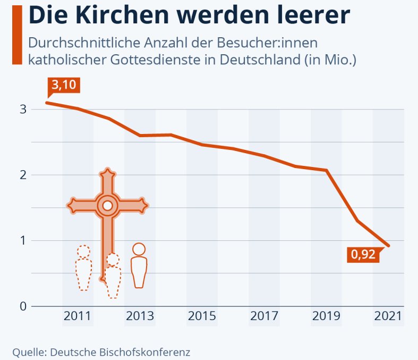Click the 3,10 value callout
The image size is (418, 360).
(x=64, y=86)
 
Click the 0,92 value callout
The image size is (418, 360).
(x=363, y=254)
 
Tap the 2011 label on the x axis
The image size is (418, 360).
(x=78, y=316)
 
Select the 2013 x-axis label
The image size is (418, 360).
(x=140, y=316)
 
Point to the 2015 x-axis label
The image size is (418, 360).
(x=202, y=316)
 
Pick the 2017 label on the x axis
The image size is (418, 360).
(x=264, y=316)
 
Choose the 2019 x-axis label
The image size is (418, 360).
(x=326, y=316)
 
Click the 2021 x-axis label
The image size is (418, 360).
(x=388, y=316)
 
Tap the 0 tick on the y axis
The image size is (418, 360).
(x=23, y=306)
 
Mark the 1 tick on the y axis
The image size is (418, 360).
(x=23, y=241)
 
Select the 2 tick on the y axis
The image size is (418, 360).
(x=23, y=175)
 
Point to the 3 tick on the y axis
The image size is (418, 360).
(x=23, y=110)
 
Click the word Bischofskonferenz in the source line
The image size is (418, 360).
(x=145, y=352)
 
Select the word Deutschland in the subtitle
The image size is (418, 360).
(x=260, y=60)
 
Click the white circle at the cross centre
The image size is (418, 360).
(x=107, y=206)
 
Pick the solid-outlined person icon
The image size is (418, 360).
(x=139, y=265)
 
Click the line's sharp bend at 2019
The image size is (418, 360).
(x=327, y=170)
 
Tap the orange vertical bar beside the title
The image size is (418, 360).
(x=18, y=35)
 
